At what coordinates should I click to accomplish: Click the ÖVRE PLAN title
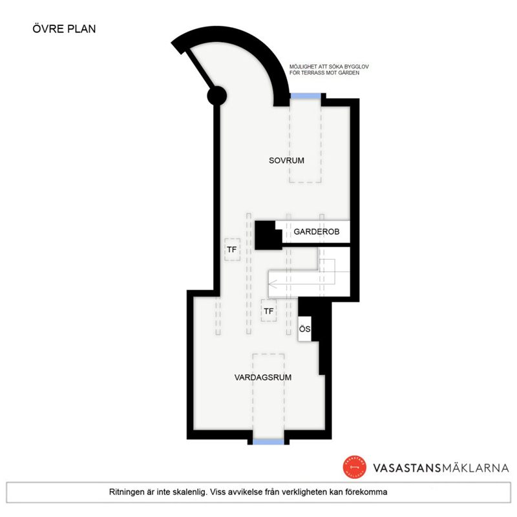[x=64, y=28]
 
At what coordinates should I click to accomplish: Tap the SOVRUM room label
[x=286, y=160]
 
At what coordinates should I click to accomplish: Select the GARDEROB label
[x=317, y=232]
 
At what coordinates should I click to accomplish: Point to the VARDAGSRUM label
[x=263, y=377]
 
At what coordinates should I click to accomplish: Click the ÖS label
[x=304, y=329]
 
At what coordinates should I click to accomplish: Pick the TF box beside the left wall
[x=232, y=249]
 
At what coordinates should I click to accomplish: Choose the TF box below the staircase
[x=269, y=311]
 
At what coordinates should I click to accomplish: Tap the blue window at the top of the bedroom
[x=306, y=96]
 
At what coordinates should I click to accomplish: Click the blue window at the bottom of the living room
[x=268, y=442]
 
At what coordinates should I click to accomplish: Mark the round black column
[x=217, y=96]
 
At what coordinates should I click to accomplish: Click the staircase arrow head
[x=272, y=283]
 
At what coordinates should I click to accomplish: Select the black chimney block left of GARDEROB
[x=268, y=235]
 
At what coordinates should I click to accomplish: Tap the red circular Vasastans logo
[x=354, y=467]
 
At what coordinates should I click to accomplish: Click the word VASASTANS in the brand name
[x=407, y=468]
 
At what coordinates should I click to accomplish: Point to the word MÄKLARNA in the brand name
[x=475, y=467]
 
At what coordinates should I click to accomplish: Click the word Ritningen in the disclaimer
[x=125, y=492]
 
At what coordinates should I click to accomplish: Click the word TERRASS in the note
[x=313, y=73]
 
